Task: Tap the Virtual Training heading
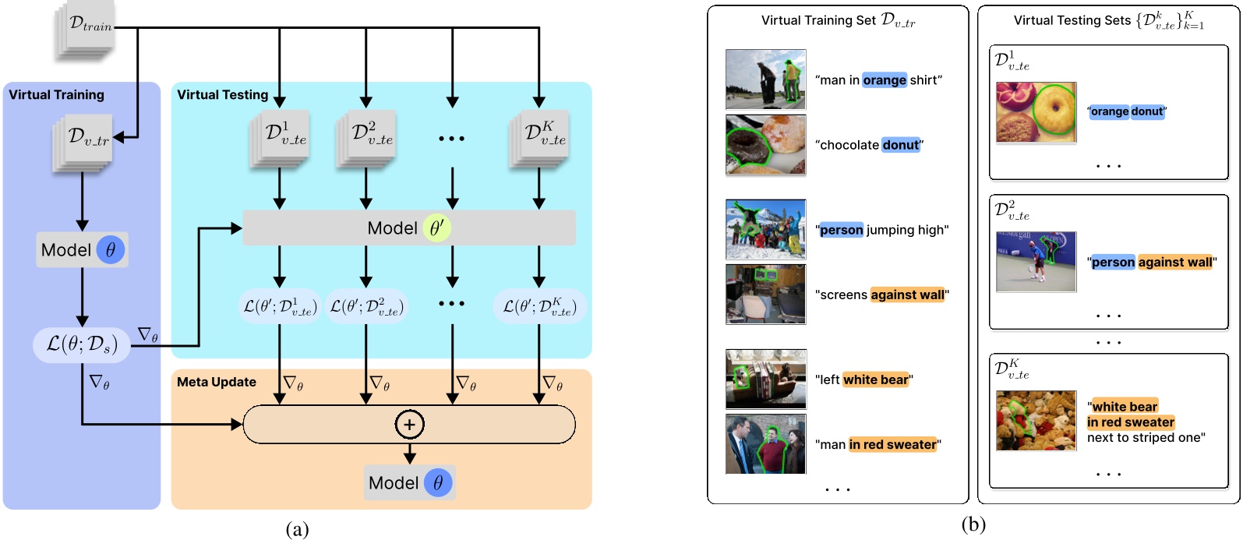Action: pyautogui.click(x=56, y=95)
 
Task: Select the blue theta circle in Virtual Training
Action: pyautogui.click(x=111, y=250)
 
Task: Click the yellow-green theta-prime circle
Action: pyautogui.click(x=436, y=228)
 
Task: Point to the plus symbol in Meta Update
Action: pyautogui.click(x=410, y=425)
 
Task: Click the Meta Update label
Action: pyautogui.click(x=217, y=382)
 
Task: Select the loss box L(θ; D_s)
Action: pyautogui.click(x=82, y=344)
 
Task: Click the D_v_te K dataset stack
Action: pyautogui.click(x=539, y=138)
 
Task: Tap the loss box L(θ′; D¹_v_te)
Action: pyautogui.click(x=278, y=306)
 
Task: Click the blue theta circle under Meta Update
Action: pyautogui.click(x=438, y=483)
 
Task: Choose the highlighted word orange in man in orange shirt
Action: pyautogui.click(x=885, y=80)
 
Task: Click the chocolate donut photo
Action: pyautogui.click(x=765, y=145)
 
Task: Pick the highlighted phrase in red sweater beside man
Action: pyautogui.click(x=892, y=445)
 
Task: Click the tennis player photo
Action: pyautogui.click(x=1036, y=262)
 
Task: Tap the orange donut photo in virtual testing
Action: pyautogui.click(x=1036, y=112)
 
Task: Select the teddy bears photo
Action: pyautogui.click(x=1036, y=421)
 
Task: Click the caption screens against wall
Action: pyautogui.click(x=881, y=295)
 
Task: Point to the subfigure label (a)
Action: pyautogui.click(x=297, y=530)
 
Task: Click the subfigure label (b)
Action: pyautogui.click(x=973, y=525)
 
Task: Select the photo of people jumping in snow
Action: pyautogui.click(x=765, y=229)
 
